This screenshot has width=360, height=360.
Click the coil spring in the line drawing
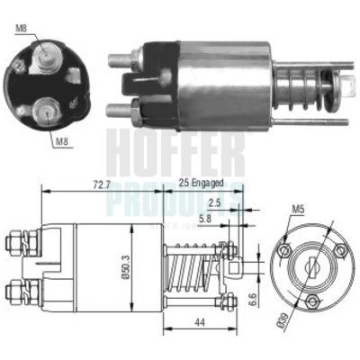[x=194, y=267]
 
